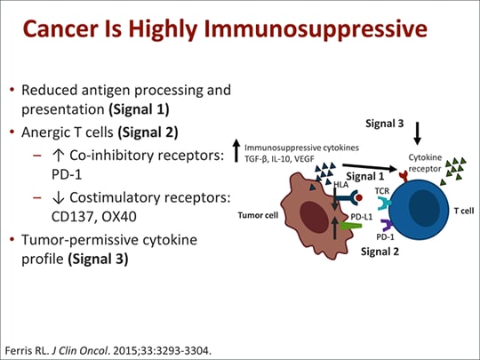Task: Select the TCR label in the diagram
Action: (x=381, y=190)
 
